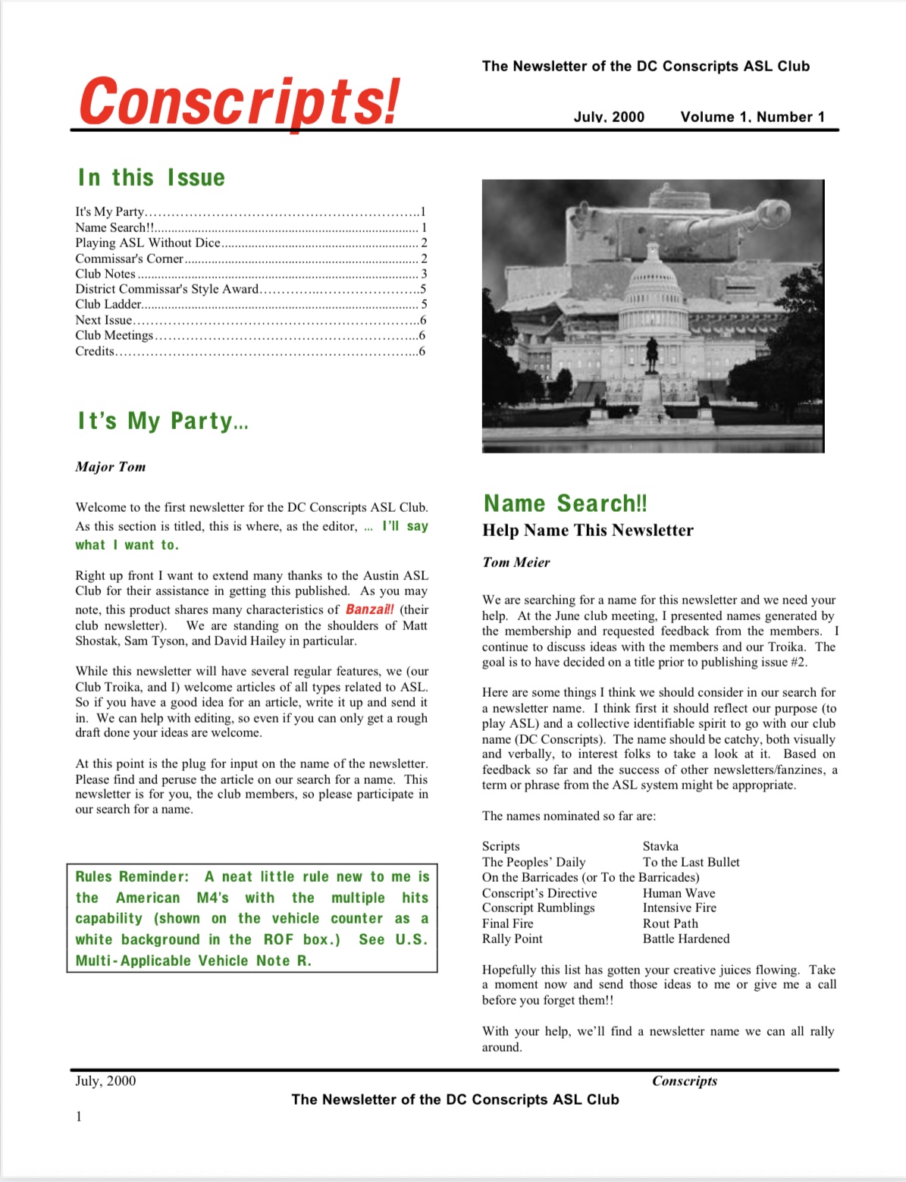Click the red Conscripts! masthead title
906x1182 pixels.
coord(239,102)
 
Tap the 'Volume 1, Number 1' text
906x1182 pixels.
coord(752,117)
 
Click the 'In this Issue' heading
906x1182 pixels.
coord(152,177)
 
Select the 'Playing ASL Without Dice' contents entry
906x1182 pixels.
coord(148,243)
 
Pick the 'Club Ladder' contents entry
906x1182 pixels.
coord(108,304)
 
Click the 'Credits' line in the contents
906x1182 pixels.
coord(95,351)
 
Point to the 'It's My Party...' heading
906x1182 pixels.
coord(163,421)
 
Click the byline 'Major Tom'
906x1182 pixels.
coord(111,467)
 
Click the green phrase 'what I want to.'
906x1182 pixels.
coord(127,545)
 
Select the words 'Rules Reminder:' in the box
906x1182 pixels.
coord(132,876)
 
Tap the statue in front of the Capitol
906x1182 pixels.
coord(651,353)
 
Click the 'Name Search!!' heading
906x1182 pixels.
coord(566,503)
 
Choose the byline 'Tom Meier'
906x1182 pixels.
coord(516,563)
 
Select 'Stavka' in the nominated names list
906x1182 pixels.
coord(660,846)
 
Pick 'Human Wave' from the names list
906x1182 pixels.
coord(679,893)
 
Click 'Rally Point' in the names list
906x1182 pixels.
coord(513,939)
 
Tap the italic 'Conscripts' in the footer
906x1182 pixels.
coord(685,1081)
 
